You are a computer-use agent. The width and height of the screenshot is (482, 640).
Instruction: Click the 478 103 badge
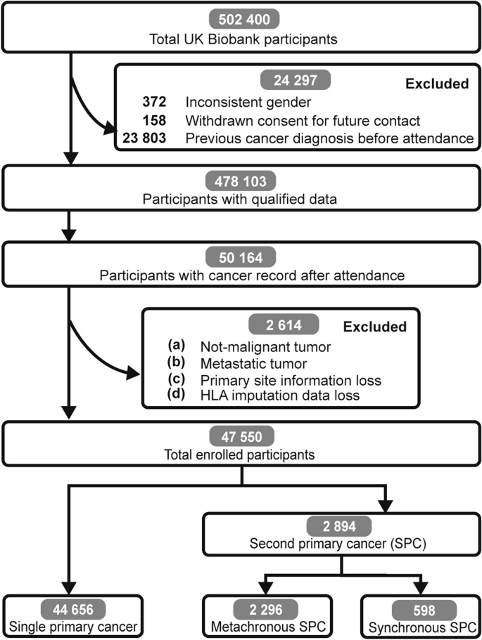(241, 181)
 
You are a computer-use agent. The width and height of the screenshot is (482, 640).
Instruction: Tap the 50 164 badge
(241, 255)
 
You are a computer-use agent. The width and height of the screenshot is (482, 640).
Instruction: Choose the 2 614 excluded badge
(282, 326)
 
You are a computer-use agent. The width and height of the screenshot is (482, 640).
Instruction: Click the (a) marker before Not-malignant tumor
(177, 346)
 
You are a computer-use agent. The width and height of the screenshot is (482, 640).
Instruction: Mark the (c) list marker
(177, 379)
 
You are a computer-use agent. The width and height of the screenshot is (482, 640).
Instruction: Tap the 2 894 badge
(341, 525)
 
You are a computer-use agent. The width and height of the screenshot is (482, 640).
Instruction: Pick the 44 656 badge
(73, 607)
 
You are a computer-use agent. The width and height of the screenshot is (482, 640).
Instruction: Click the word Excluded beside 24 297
(437, 84)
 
